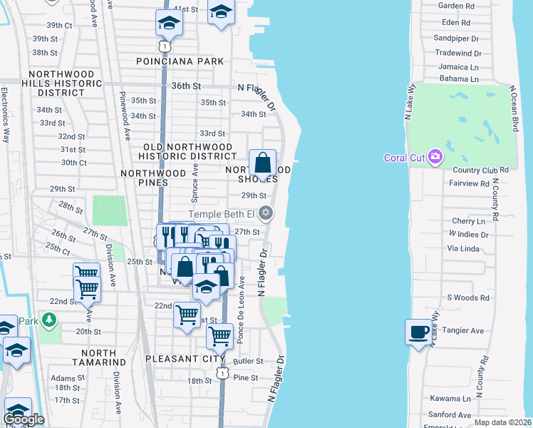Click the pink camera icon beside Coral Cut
[x=435, y=157]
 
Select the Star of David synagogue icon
[x=266, y=213]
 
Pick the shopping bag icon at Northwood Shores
[x=263, y=163]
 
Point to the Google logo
[x=24, y=419]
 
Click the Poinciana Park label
[x=180, y=62]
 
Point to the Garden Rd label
[x=456, y=6]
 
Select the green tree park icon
[x=48, y=319]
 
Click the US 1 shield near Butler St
[x=223, y=373]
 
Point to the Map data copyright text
[x=503, y=422]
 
